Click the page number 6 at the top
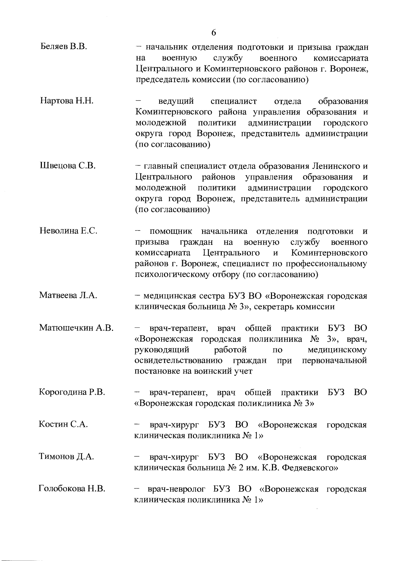213,33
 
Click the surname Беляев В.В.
64,47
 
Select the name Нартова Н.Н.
66,101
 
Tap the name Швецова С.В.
68,166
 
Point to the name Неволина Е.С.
68,230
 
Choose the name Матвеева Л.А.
68,295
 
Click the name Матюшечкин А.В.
76,328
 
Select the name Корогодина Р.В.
72,392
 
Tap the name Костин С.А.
63,425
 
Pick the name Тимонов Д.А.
66,457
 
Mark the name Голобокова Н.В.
72,489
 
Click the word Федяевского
310,468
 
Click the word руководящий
162,350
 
